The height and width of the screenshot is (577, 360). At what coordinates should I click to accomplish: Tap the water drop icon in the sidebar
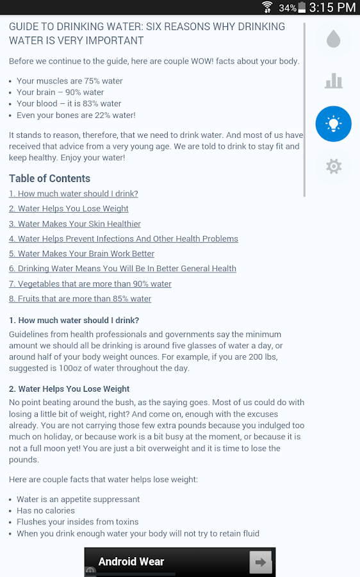(x=333, y=40)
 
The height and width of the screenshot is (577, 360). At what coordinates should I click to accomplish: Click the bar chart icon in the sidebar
(x=333, y=81)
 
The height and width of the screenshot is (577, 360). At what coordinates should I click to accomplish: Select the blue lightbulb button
(x=333, y=124)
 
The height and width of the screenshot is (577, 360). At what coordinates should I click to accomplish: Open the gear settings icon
(x=333, y=167)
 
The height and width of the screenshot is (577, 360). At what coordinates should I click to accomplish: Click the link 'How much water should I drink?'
(x=74, y=194)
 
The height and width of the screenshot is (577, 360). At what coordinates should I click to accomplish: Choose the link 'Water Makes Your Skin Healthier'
(x=75, y=224)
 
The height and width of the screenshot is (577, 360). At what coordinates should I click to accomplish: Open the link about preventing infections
(x=124, y=238)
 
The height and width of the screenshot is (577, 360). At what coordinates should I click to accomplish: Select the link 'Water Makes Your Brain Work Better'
(x=81, y=254)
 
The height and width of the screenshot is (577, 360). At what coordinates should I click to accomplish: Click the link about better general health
(x=122, y=269)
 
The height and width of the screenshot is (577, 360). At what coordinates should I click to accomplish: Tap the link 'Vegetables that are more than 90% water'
(x=90, y=284)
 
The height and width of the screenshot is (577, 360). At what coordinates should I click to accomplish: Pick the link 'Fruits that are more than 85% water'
(x=80, y=299)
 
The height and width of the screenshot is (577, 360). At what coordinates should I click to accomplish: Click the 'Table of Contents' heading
(x=49, y=178)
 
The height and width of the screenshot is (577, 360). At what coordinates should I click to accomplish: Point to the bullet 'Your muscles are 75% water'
(x=70, y=81)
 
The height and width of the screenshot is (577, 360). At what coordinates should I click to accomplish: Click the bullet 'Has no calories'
(x=45, y=510)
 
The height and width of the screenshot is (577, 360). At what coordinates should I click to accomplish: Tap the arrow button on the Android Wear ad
(x=261, y=563)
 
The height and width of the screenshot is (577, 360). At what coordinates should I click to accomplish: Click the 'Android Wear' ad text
(x=131, y=562)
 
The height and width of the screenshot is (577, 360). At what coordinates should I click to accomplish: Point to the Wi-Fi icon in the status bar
(x=267, y=8)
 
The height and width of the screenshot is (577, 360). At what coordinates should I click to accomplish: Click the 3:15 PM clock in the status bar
(x=332, y=8)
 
